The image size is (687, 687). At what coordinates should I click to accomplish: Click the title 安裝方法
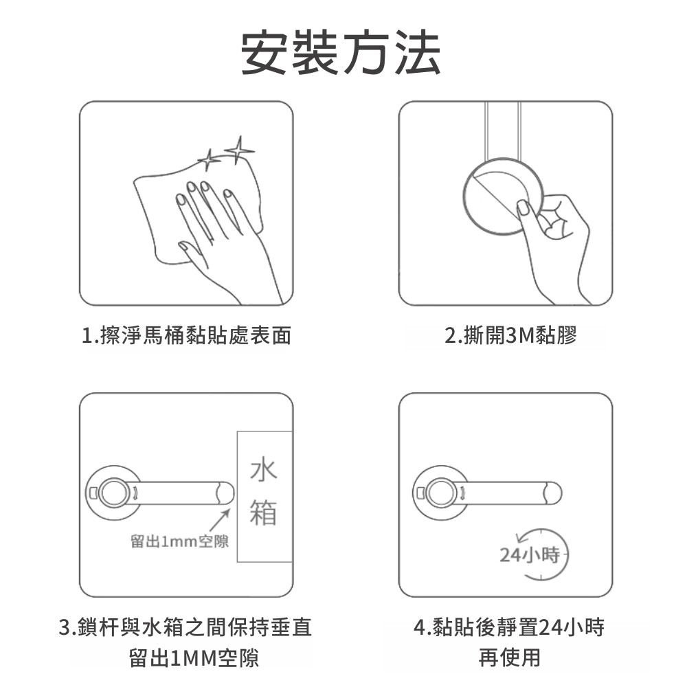point(341,53)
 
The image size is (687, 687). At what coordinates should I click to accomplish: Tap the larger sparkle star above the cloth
point(239,150)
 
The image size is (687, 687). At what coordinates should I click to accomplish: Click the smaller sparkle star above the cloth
point(209,160)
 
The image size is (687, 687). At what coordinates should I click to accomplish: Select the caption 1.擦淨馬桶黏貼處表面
point(186,336)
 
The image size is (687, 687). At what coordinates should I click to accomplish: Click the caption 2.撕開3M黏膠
point(511,336)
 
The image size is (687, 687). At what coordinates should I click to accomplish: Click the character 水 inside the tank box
point(263,469)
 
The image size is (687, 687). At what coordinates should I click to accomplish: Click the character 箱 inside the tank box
point(263,512)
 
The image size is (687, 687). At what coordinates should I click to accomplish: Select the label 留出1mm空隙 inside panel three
point(179,541)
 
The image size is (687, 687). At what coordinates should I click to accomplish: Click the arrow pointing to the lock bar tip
point(219,520)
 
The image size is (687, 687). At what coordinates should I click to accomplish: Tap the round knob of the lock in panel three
point(114,493)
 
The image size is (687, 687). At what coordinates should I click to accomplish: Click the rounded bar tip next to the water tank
point(225,493)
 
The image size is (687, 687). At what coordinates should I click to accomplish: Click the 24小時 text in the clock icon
point(530,555)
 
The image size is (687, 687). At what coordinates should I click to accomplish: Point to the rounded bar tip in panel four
point(553,493)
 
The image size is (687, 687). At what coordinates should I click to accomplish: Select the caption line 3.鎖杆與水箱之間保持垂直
point(185,627)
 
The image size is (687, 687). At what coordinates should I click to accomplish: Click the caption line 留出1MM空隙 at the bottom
point(194,658)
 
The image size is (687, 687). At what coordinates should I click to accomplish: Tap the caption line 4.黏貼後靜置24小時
point(509,627)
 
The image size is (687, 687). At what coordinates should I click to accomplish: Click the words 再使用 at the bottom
point(510,657)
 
